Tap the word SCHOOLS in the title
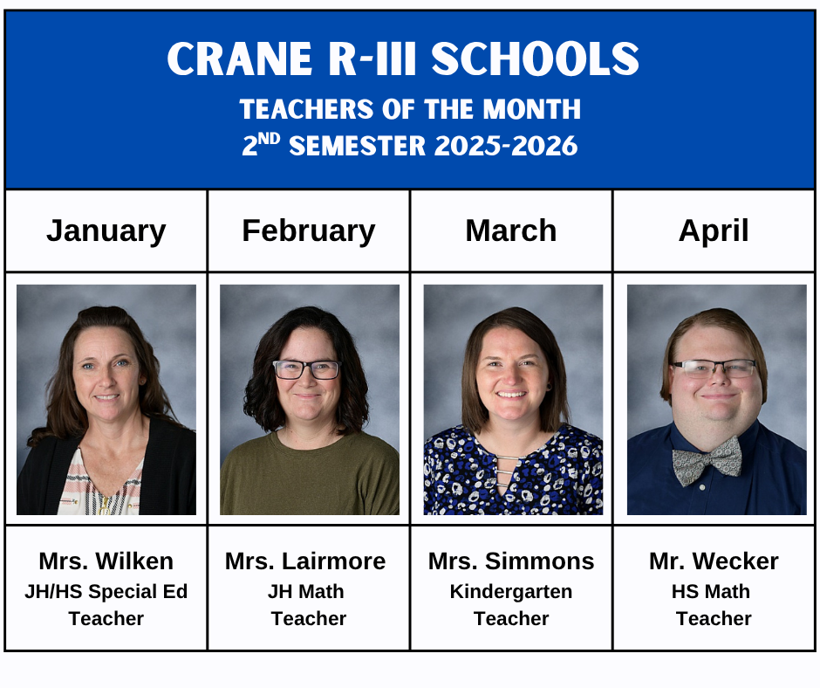(x=535, y=59)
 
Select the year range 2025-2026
(x=507, y=146)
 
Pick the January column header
(x=106, y=230)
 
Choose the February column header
(x=309, y=230)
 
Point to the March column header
(x=511, y=230)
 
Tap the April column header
(x=714, y=230)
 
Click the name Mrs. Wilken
(x=106, y=561)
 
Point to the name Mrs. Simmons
(x=511, y=561)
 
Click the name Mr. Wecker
(x=714, y=561)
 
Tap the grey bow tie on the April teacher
(x=707, y=460)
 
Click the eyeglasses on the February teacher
(x=306, y=369)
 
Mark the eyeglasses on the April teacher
(x=714, y=368)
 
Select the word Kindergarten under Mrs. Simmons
(x=511, y=591)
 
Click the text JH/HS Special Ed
(x=106, y=591)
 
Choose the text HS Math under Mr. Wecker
(x=711, y=591)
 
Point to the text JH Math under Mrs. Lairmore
(x=305, y=591)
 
